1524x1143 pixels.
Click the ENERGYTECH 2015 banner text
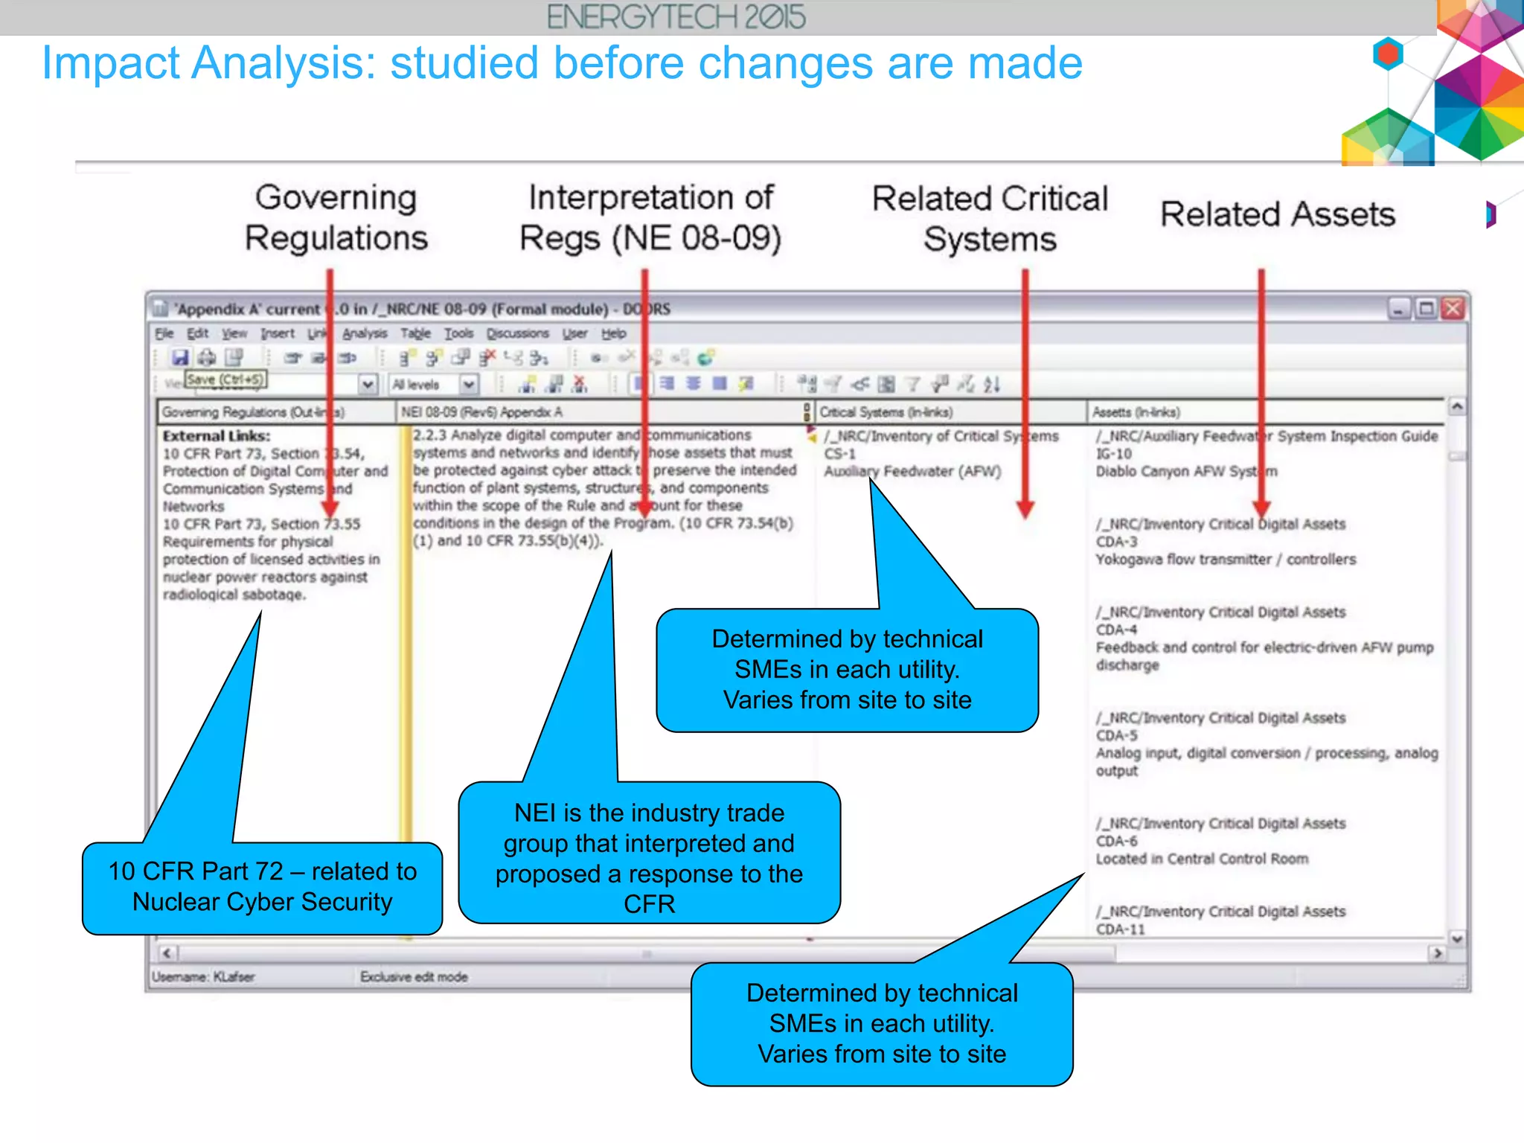pyautogui.click(x=676, y=17)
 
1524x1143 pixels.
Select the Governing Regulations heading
pyautogui.click(x=336, y=217)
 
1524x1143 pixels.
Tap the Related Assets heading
pyautogui.click(x=1277, y=214)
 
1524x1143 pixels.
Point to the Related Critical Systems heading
pyautogui.click(x=989, y=219)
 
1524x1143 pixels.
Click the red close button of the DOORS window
pyautogui.click(x=1453, y=308)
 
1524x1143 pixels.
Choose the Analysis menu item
pyautogui.click(x=365, y=333)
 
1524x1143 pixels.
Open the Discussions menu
pyautogui.click(x=518, y=333)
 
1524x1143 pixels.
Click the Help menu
pyautogui.click(x=613, y=333)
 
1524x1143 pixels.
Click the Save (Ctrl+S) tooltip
pyautogui.click(x=225, y=380)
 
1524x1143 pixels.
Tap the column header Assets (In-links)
pyautogui.click(x=1136, y=412)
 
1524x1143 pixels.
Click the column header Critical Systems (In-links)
pyautogui.click(x=886, y=412)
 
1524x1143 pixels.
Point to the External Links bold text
pyautogui.click(x=217, y=436)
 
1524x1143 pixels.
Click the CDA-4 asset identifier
pyautogui.click(x=1116, y=630)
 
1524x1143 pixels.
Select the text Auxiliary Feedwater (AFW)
pyautogui.click(x=912, y=471)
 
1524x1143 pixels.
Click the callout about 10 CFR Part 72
pyautogui.click(x=262, y=887)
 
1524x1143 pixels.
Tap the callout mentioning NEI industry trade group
pyautogui.click(x=649, y=857)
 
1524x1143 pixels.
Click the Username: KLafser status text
pyautogui.click(x=203, y=977)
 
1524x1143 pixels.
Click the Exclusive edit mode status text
pyautogui.click(x=414, y=977)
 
